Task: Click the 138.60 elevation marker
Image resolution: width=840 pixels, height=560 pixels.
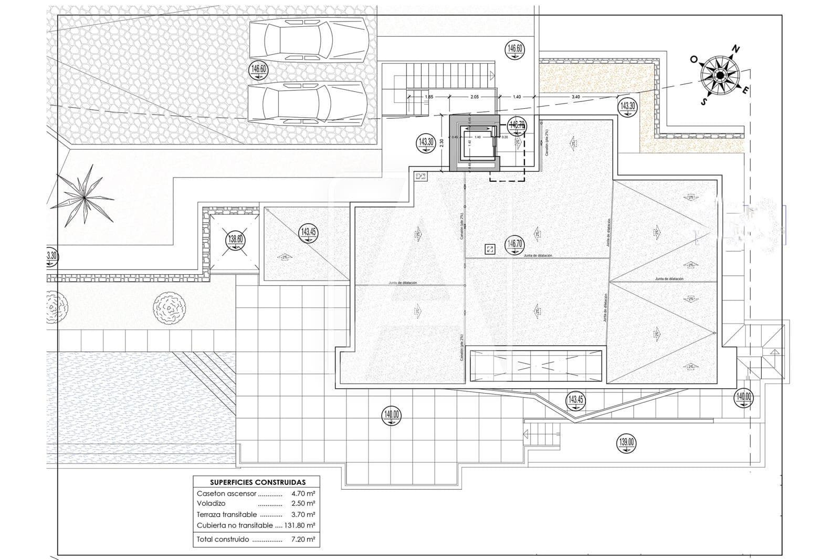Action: [x=235, y=240]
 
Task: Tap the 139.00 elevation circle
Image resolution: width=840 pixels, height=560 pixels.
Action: [x=626, y=442]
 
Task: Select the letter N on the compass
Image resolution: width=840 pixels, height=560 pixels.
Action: [x=736, y=49]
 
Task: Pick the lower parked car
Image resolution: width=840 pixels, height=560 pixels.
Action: [x=307, y=103]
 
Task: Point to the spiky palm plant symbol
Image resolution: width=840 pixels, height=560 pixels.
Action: [x=85, y=196]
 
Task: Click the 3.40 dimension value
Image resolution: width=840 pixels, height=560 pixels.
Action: [x=575, y=97]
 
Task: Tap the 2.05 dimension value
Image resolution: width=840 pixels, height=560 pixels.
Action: [x=474, y=97]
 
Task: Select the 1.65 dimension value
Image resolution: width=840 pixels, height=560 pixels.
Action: [x=429, y=97]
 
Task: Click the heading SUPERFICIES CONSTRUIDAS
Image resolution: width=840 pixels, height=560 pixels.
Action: [x=257, y=482]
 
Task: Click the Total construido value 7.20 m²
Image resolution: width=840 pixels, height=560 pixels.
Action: [x=303, y=539]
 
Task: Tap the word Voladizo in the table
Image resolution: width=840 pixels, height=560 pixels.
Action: [x=211, y=503]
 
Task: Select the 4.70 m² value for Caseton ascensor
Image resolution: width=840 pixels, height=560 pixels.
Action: [x=303, y=493]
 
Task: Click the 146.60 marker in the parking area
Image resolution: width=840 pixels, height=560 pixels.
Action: [x=259, y=69]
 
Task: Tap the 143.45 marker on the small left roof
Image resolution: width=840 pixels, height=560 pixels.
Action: [x=308, y=232]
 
